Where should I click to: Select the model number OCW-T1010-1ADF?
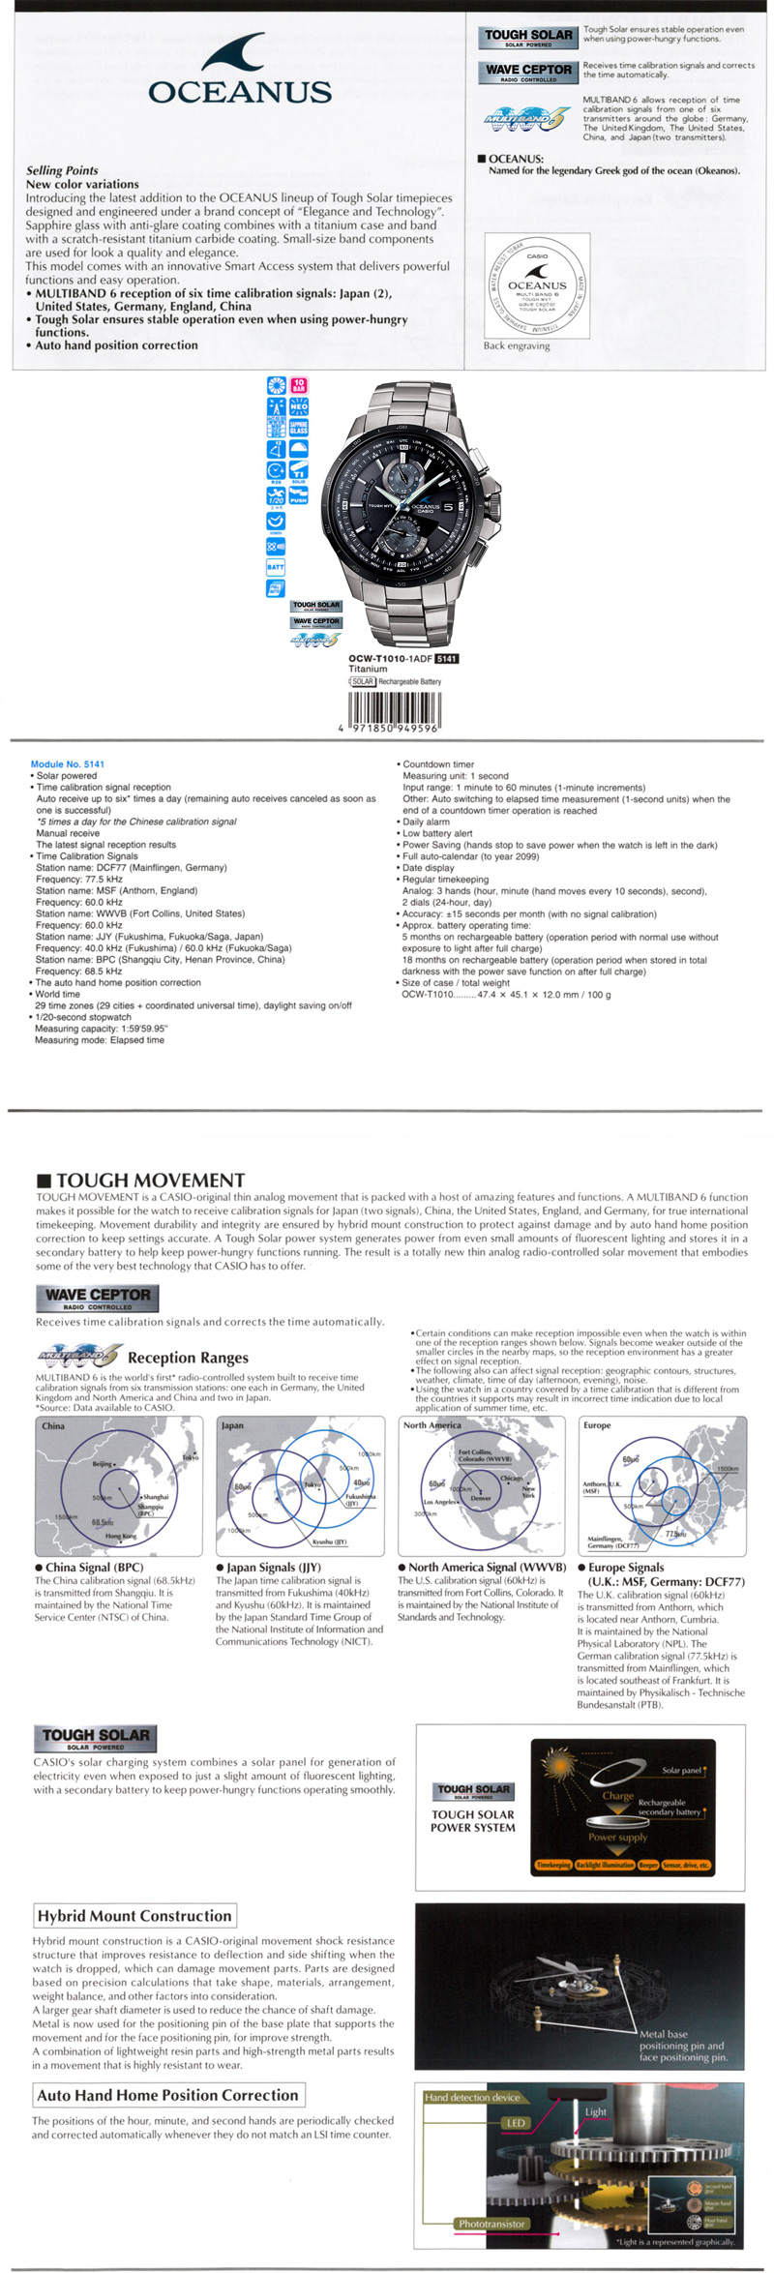(390, 659)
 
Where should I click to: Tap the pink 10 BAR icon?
(299, 384)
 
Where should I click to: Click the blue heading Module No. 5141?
(68, 764)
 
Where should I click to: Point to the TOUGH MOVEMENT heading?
(150, 1181)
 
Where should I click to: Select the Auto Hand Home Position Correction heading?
(167, 2095)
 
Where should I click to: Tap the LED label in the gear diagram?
(516, 2123)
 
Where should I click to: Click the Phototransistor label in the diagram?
(491, 2224)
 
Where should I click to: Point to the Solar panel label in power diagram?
(681, 1770)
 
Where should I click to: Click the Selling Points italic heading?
(62, 170)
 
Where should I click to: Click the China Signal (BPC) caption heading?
(89, 1567)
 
